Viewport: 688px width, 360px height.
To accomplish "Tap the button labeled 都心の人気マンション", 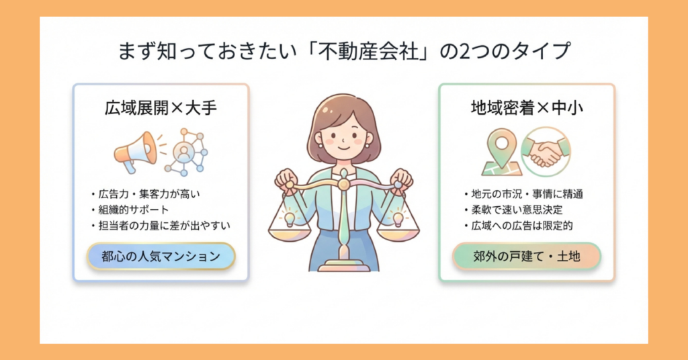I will pos(161,256).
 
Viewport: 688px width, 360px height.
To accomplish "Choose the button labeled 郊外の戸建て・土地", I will pos(526,256).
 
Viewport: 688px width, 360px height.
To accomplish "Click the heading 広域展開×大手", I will pos(161,107).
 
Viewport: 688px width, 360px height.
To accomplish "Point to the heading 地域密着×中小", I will pos(526,107).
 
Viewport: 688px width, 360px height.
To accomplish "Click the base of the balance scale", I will pos(343,267).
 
